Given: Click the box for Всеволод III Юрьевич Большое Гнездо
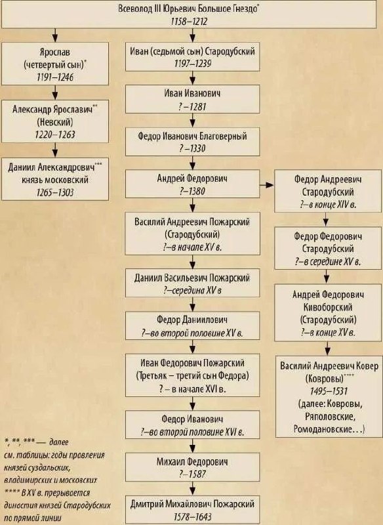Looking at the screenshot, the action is coord(189,14).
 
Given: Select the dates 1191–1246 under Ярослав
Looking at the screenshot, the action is coord(55,77).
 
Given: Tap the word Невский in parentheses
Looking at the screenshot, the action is coord(55,122).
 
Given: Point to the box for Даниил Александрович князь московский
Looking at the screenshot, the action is coord(55,179).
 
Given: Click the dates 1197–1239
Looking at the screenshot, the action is coord(193,64).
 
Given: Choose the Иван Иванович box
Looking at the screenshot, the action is coord(192,99).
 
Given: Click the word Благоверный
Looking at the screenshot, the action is coord(223,136).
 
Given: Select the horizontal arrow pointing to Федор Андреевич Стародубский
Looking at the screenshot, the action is coord(267,184).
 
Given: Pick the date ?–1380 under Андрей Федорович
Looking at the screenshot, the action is coord(192,191).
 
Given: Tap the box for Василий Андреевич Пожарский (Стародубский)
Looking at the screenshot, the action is coord(192,234).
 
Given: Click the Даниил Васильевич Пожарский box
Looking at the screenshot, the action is coord(192,283).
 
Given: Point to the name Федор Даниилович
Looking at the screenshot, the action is coord(192,320).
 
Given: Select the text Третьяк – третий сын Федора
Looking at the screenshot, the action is coord(192,376).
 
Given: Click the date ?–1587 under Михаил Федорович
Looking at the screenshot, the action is coord(192,474).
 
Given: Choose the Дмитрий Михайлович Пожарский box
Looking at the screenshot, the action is coord(192,510).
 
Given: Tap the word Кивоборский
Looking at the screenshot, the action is coord(328,307).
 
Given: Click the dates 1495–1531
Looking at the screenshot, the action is coord(329,391).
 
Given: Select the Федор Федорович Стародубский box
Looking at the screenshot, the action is coord(328,249).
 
